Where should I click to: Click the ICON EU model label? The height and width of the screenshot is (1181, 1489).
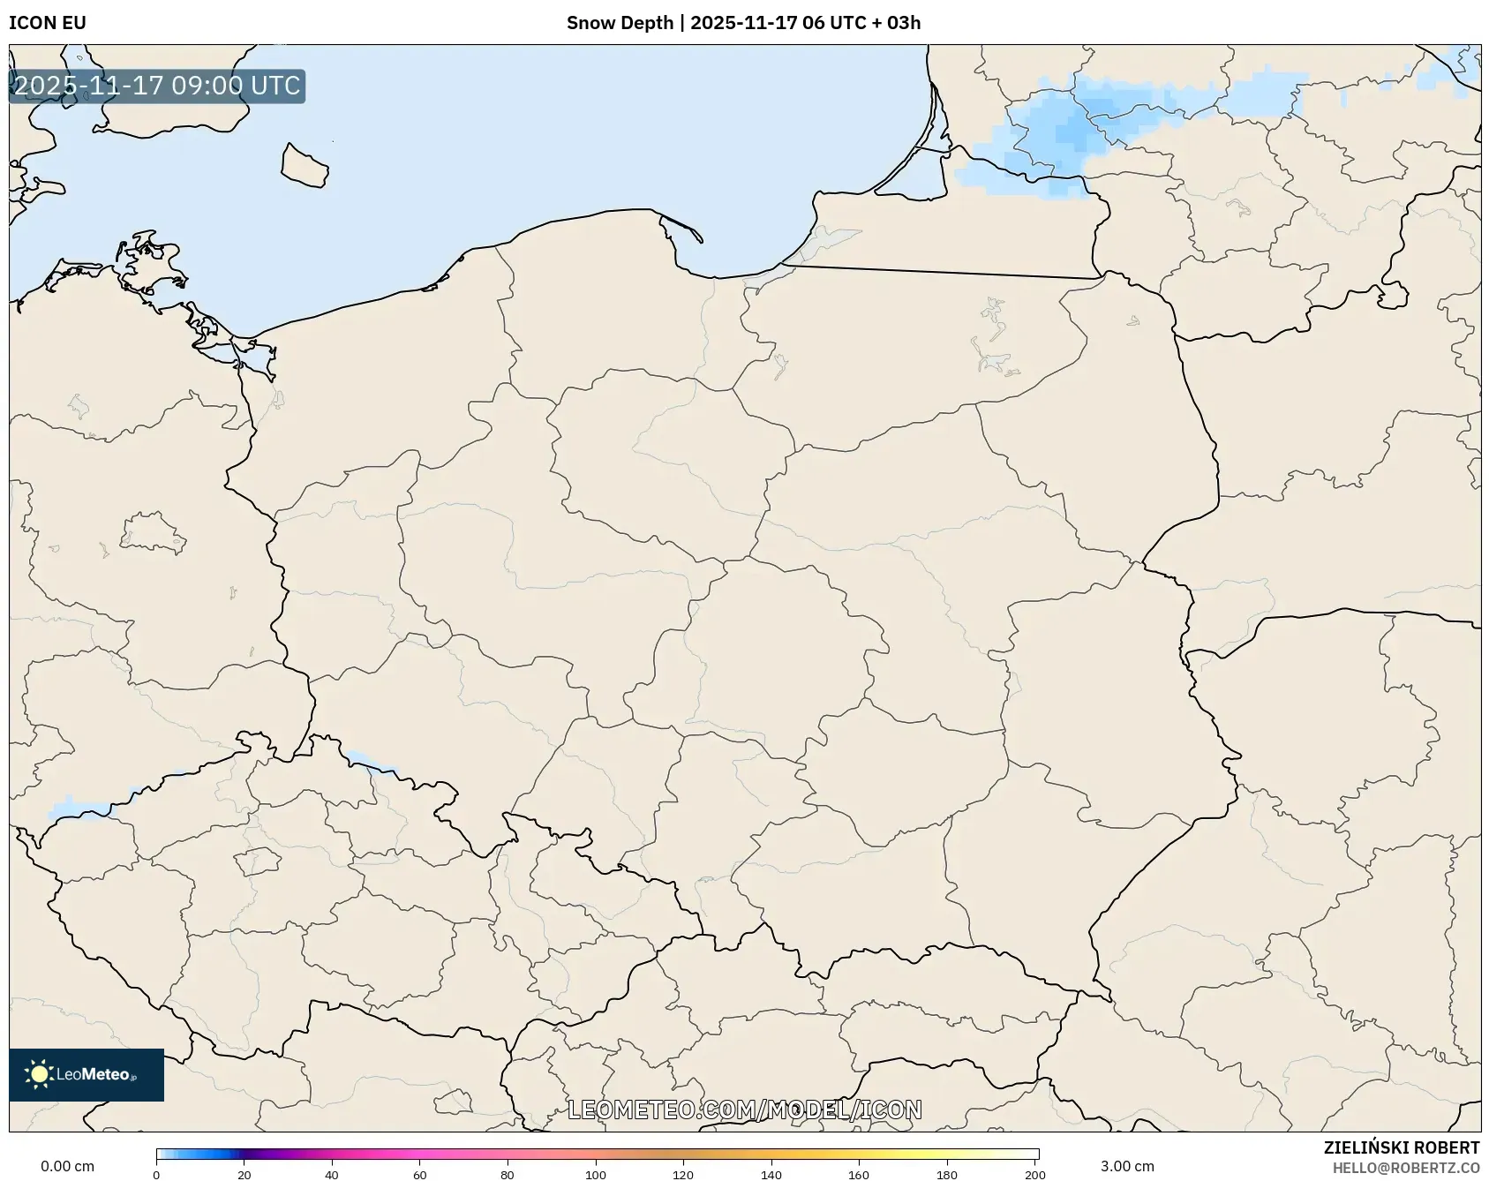click(x=48, y=23)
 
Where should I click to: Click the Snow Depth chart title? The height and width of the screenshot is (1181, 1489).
click(x=743, y=23)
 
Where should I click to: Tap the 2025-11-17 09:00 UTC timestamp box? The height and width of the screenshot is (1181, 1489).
click(x=157, y=86)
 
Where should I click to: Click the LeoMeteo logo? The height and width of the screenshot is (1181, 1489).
click(x=86, y=1074)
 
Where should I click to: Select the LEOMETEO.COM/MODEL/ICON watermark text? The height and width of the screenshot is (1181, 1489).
click(x=745, y=1110)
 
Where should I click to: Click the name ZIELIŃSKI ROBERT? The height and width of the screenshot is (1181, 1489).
click(x=1401, y=1147)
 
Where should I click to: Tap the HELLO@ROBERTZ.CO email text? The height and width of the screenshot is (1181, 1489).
click(x=1406, y=1168)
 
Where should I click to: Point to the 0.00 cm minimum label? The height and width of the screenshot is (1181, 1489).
click(x=68, y=1166)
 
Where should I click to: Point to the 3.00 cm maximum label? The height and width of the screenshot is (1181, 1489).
click(x=1127, y=1166)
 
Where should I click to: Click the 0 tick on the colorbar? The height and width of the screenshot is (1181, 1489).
click(x=156, y=1174)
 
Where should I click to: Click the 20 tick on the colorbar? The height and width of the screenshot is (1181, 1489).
click(x=244, y=1174)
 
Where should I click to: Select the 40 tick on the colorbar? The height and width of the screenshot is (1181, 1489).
click(x=332, y=1174)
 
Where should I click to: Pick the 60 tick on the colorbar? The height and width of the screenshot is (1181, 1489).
click(x=420, y=1174)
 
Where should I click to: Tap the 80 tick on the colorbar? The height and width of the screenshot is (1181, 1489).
click(x=508, y=1174)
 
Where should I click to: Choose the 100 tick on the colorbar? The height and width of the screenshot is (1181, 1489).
click(x=596, y=1174)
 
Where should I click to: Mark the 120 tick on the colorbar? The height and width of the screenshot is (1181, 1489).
click(x=683, y=1174)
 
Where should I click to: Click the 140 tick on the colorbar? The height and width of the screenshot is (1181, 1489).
click(x=771, y=1174)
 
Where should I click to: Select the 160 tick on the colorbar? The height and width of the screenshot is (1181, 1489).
click(x=859, y=1174)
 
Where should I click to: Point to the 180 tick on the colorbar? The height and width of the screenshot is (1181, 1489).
click(x=947, y=1174)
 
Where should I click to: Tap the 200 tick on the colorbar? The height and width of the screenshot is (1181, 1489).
click(x=1034, y=1174)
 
